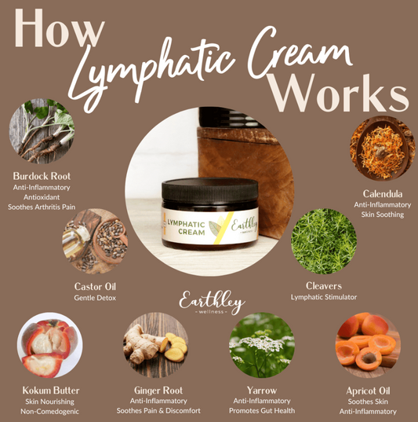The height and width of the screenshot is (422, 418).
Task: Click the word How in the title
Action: pyautogui.click(x=59, y=28)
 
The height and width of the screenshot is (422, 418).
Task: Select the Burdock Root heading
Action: pyautogui.click(x=42, y=176)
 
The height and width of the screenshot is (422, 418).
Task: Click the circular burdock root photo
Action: pyautogui.click(x=42, y=130)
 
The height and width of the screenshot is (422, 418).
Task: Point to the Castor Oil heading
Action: pyautogui.click(x=95, y=286)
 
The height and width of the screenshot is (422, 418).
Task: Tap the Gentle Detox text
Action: pyautogui.click(x=95, y=298)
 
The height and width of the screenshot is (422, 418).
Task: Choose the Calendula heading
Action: pyautogui.click(x=383, y=194)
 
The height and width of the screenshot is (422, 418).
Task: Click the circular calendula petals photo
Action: pyautogui.click(x=383, y=149)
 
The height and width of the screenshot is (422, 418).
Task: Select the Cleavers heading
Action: pyautogui.click(x=324, y=286)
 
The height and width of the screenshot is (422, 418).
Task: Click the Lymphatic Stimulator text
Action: pyautogui.click(x=324, y=297)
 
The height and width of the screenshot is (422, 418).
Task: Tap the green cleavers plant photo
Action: pyautogui.click(x=324, y=241)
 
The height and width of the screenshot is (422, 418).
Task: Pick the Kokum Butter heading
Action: pyautogui.click(x=51, y=391)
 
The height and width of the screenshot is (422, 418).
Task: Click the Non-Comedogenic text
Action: pyautogui.click(x=49, y=412)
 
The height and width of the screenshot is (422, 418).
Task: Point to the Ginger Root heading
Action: pyautogui.click(x=158, y=391)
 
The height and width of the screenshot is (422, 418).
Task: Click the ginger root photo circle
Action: pyautogui.click(x=156, y=345)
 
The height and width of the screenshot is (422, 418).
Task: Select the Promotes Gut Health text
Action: pyautogui.click(x=262, y=411)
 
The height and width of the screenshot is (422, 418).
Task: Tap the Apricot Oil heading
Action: pyautogui.click(x=368, y=391)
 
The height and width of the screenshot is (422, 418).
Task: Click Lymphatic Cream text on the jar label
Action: pyautogui.click(x=186, y=228)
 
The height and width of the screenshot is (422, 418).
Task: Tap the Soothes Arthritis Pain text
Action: pyautogui.click(x=42, y=207)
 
